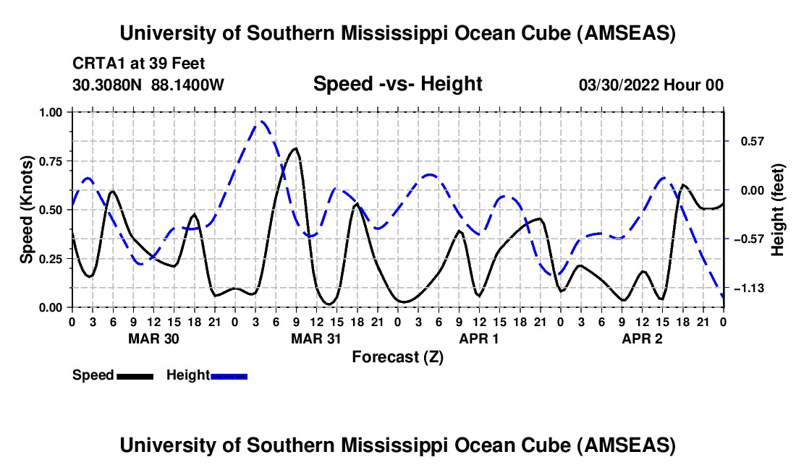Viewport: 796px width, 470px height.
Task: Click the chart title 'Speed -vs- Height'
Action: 397,85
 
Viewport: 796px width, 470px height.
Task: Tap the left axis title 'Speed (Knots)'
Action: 27,209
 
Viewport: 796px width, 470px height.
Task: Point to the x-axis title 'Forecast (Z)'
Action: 397,356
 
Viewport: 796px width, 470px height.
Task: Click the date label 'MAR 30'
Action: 153,338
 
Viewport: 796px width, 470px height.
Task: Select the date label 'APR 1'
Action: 479,338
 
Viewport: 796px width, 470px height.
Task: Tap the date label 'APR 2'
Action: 643,338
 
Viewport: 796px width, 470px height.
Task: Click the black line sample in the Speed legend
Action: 135,375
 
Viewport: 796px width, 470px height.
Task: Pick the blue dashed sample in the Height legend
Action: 229,375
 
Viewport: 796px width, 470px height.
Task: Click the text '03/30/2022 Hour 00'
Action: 651,85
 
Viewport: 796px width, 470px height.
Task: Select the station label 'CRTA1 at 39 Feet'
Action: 138,64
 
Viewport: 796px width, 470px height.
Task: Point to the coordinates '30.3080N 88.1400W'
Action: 148,85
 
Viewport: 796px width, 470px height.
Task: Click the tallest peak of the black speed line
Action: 295,148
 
